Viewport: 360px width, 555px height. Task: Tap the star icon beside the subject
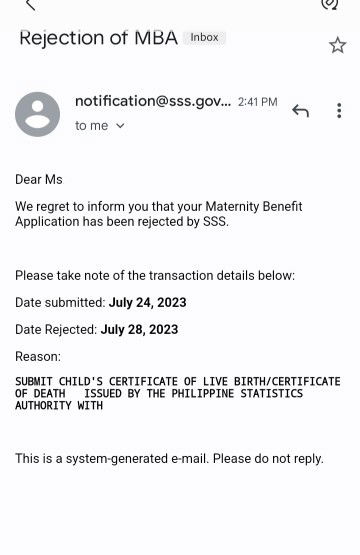[338, 45]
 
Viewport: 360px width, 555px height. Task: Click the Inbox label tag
[204, 37]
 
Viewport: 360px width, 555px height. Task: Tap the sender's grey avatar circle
[37, 114]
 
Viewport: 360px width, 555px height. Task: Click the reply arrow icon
[300, 110]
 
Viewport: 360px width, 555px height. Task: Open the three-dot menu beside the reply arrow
[339, 110]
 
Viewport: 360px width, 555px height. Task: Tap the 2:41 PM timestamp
[257, 102]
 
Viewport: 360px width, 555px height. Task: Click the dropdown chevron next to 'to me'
[120, 126]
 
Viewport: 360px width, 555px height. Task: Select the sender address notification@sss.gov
[152, 101]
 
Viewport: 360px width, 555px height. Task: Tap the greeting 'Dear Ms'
[39, 179]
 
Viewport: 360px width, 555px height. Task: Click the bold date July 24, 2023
[147, 302]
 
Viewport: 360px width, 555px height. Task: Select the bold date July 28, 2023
[139, 329]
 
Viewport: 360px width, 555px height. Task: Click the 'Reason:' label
[38, 356]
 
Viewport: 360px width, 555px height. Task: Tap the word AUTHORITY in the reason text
[45, 406]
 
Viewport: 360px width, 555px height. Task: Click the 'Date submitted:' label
[60, 302]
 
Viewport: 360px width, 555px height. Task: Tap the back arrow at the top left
[29, 5]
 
